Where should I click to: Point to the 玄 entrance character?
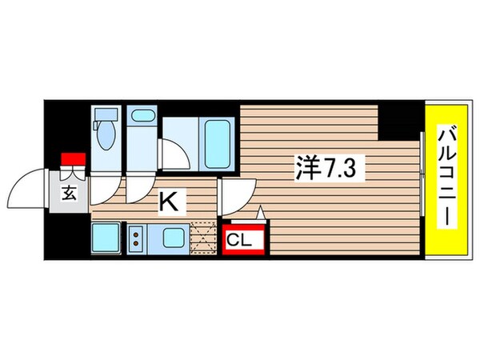tap(70, 194)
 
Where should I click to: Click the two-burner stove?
tap(134, 237)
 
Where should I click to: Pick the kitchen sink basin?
tap(172, 237)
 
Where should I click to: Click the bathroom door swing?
tap(172, 152)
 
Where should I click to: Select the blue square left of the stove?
tap(106, 237)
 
